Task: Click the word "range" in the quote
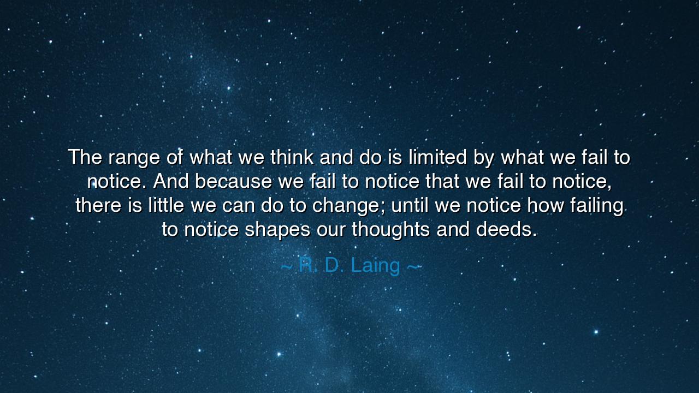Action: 134,158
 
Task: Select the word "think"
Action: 292,157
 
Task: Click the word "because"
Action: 233,181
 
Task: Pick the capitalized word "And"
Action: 171,181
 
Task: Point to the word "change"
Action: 346,207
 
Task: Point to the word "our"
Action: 331,230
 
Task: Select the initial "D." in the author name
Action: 335,265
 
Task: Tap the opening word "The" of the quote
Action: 85,157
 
